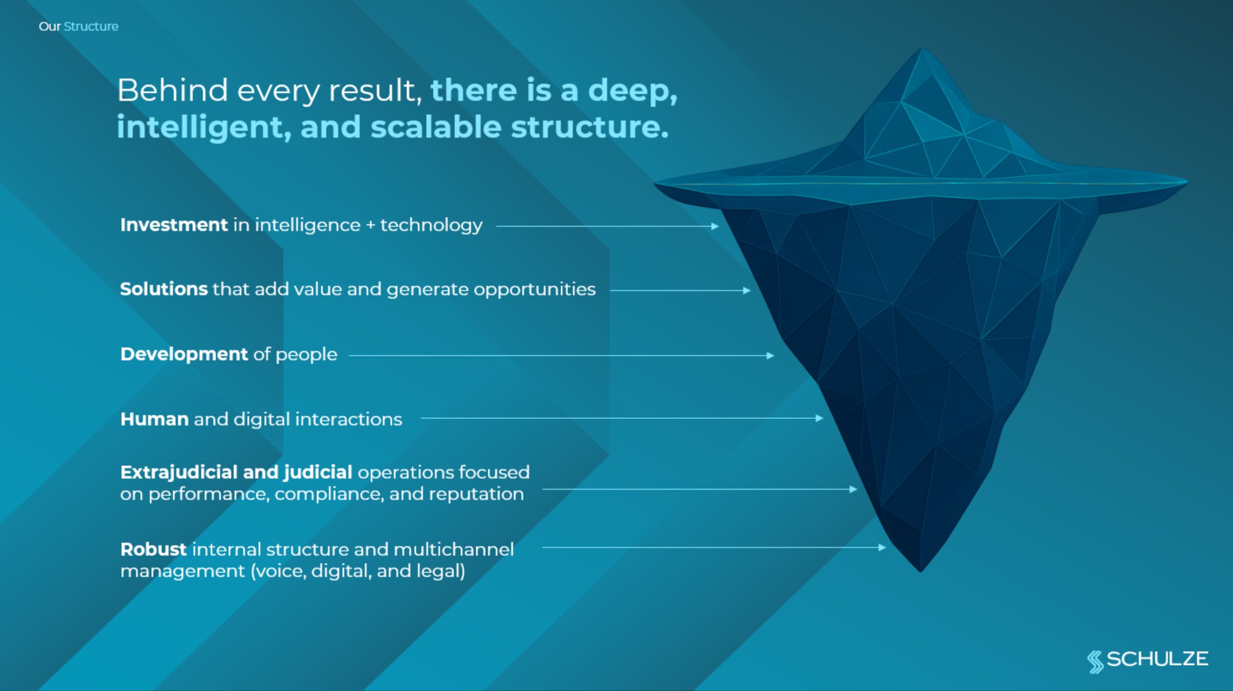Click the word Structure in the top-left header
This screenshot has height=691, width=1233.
point(91,26)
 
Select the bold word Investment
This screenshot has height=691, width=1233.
point(174,225)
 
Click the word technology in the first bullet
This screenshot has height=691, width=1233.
point(431,226)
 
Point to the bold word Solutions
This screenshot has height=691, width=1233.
point(164,289)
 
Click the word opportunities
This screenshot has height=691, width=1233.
point(535,290)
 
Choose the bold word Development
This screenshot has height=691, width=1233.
point(184,354)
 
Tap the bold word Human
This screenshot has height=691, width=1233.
point(154,419)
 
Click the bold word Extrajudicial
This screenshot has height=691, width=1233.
point(179,472)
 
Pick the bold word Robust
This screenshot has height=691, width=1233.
point(153,549)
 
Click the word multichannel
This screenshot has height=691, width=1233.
point(454,549)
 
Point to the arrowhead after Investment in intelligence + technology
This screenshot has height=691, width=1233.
point(715,226)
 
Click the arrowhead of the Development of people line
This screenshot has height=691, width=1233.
point(770,356)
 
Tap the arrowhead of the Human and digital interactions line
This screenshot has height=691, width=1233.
point(819,418)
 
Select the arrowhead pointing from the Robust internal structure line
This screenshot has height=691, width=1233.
point(882,547)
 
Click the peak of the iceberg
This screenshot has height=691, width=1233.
point(922,49)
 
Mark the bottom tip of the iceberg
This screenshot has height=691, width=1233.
point(920,571)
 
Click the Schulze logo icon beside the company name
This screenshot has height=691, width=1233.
point(1095,662)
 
